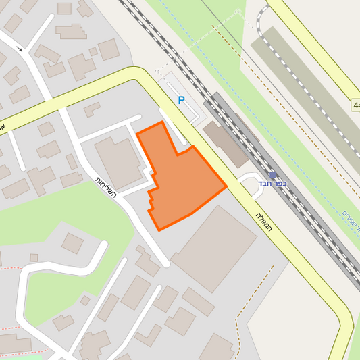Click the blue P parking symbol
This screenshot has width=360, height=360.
point(181,100)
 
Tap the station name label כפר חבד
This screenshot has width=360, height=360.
point(273,184)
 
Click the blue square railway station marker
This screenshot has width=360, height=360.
point(273,175)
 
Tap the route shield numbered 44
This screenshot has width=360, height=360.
point(355,105)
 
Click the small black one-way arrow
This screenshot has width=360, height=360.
point(21,49)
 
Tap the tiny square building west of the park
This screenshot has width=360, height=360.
point(34,257)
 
